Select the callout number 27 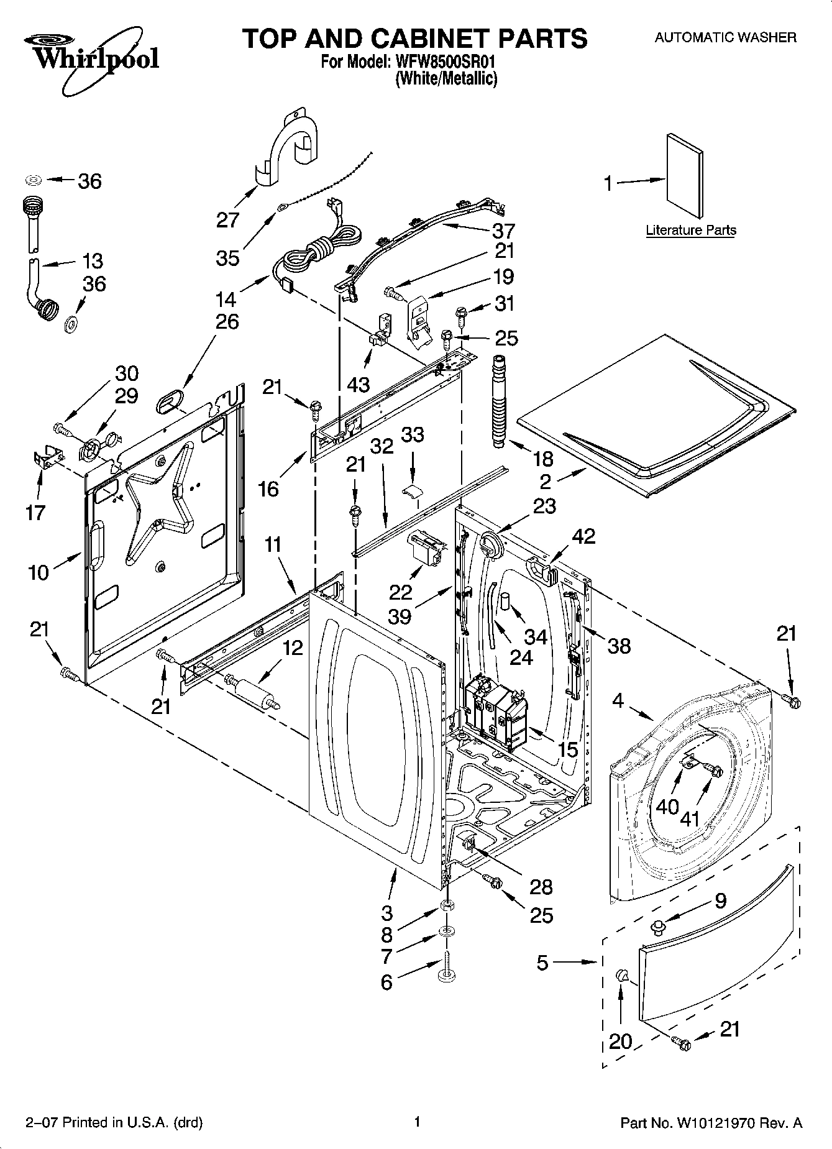point(228,219)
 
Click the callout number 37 point(503,231)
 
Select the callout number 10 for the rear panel point(39,572)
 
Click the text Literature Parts point(691,230)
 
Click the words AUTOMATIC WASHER point(725,37)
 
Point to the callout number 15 point(568,750)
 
